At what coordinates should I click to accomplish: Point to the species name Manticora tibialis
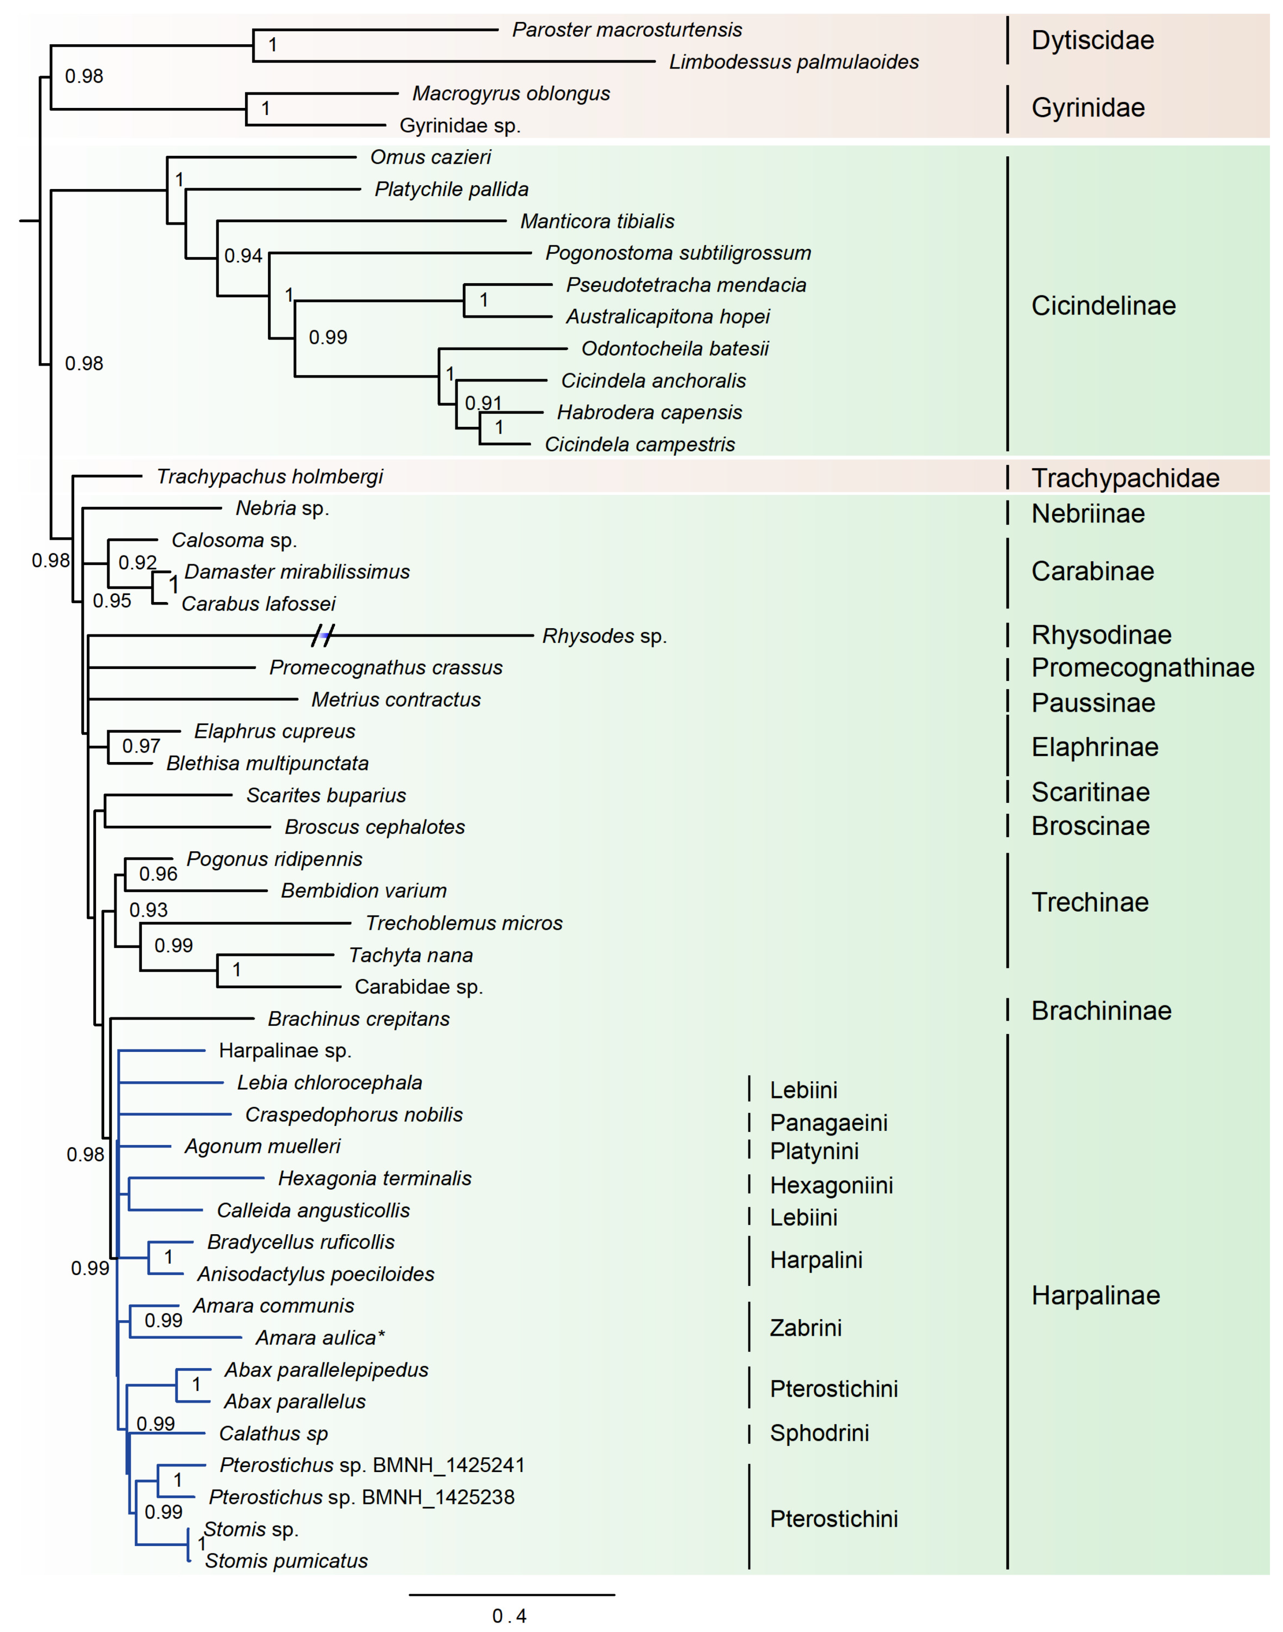pyautogui.click(x=597, y=222)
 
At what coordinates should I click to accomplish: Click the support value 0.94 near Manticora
pyautogui.click(x=243, y=256)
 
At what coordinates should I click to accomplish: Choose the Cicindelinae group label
pyautogui.click(x=1103, y=306)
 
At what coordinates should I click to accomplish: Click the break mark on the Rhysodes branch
pyautogui.click(x=323, y=636)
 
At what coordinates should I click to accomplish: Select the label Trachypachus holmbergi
pyautogui.click(x=270, y=477)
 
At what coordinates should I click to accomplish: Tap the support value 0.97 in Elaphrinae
pyautogui.click(x=141, y=746)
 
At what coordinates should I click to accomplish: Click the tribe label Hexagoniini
pyautogui.click(x=831, y=1185)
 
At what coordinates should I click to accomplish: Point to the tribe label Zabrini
pyautogui.click(x=805, y=1328)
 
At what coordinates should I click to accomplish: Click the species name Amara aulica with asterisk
pyautogui.click(x=320, y=1338)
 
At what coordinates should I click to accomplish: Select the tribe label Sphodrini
pyautogui.click(x=819, y=1433)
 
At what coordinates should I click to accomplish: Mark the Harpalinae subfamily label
pyautogui.click(x=1095, y=1296)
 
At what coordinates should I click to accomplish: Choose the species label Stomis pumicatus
pyautogui.click(x=286, y=1561)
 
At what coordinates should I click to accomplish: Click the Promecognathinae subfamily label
pyautogui.click(x=1142, y=667)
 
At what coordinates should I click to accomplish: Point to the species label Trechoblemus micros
pyautogui.click(x=463, y=923)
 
